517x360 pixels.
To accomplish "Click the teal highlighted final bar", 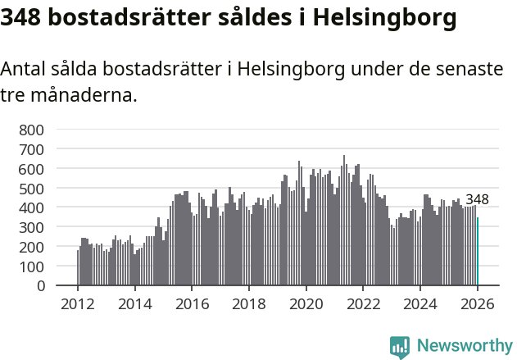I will (478, 252).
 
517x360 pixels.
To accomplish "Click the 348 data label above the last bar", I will (477, 199).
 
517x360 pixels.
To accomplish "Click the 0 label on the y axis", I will (39, 286).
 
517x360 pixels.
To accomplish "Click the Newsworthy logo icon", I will (400, 347).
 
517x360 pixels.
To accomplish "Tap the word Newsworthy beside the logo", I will (465, 347).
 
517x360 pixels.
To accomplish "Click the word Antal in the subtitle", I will (25, 70).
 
